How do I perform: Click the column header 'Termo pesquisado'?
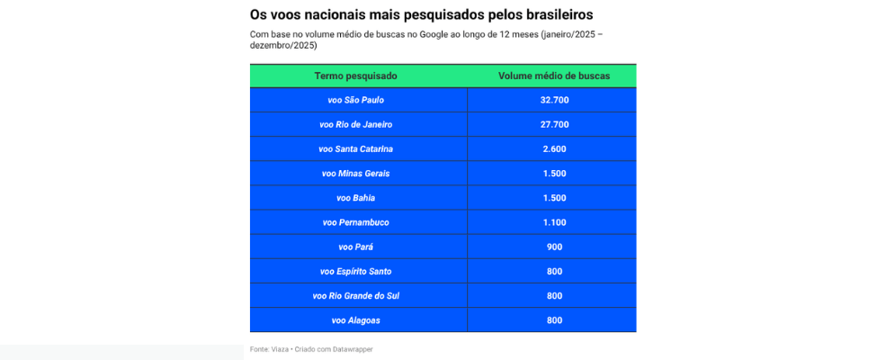[x=355, y=76]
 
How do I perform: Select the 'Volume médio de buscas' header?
[x=554, y=76]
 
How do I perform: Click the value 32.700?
[x=554, y=100]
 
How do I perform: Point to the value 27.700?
[x=554, y=124]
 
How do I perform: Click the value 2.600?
[x=554, y=148]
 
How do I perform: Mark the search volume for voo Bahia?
[x=554, y=198]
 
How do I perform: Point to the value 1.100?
[x=554, y=222]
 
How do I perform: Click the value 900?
[x=554, y=247]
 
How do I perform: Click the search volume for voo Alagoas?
[x=554, y=319]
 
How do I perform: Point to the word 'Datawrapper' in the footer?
[x=353, y=349]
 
